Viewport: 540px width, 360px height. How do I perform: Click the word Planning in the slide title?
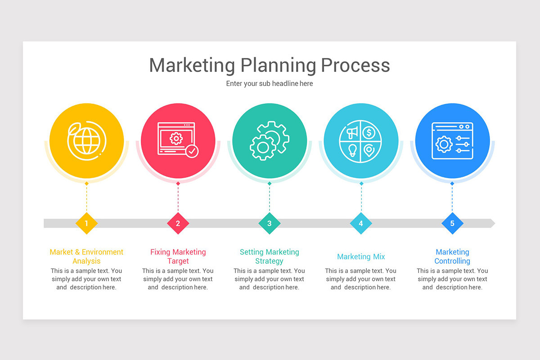point(278,66)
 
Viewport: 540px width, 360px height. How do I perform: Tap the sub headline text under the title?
point(269,84)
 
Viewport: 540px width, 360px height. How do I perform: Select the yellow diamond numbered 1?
point(86,223)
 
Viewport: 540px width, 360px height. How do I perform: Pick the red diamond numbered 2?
point(178,223)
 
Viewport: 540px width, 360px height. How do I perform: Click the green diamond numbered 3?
point(269,223)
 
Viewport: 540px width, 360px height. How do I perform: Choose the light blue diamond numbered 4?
point(361,223)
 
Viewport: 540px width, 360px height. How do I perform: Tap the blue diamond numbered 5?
point(452,223)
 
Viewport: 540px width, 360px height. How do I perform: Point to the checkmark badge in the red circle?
point(192,151)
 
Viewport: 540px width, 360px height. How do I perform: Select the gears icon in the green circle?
point(269,140)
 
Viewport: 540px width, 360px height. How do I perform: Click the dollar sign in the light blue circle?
point(369,132)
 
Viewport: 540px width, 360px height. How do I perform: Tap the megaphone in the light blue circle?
point(352,132)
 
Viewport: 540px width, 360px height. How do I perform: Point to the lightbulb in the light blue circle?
point(352,149)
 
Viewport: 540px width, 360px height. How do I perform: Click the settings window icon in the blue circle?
point(452,140)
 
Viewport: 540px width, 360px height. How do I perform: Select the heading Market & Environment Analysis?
point(86,256)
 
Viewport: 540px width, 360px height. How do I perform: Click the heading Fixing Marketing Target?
point(178,256)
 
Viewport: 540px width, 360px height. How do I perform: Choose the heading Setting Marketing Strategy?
point(269,256)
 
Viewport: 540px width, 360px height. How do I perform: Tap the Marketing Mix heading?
point(361,257)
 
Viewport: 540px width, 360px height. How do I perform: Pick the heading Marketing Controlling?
point(452,256)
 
